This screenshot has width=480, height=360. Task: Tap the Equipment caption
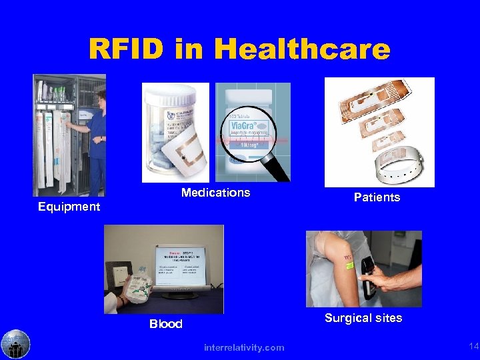(69, 207)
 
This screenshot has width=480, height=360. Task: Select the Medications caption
(215, 193)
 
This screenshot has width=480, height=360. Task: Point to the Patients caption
(377, 197)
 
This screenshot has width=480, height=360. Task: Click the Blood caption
(165, 324)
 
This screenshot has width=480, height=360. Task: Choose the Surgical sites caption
(363, 318)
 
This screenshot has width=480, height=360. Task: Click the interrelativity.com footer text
(244, 347)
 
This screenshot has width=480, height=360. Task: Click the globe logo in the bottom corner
(15, 344)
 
